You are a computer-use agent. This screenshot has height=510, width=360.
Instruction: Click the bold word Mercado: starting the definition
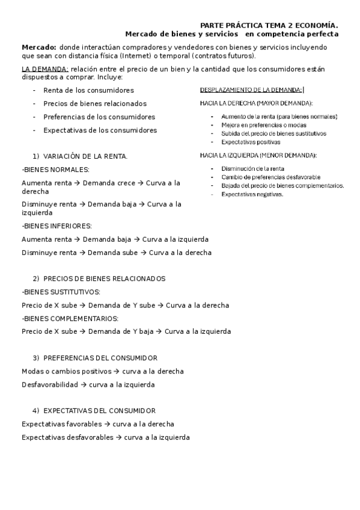(x=38, y=47)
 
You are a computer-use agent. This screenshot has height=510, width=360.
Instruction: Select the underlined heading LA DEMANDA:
(x=45, y=69)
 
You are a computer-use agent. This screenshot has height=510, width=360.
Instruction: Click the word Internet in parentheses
(x=170, y=55)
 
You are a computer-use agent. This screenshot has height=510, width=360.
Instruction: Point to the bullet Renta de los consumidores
(x=88, y=90)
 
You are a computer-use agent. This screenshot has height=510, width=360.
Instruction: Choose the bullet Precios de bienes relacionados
(x=95, y=103)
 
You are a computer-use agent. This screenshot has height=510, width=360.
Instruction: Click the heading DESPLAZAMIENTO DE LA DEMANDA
(x=251, y=90)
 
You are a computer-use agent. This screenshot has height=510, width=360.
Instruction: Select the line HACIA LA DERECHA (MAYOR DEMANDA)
(x=256, y=103)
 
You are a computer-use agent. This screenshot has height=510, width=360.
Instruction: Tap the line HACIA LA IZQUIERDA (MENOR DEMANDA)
(x=258, y=155)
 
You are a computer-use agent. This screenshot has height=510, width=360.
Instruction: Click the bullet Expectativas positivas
(x=251, y=143)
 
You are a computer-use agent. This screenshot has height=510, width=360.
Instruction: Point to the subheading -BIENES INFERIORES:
(x=56, y=226)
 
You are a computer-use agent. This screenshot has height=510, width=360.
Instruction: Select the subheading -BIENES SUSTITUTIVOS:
(x=61, y=292)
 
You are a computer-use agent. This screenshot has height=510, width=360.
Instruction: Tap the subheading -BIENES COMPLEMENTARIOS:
(x=70, y=318)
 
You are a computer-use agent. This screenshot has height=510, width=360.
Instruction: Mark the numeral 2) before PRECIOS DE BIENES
(x=36, y=279)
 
